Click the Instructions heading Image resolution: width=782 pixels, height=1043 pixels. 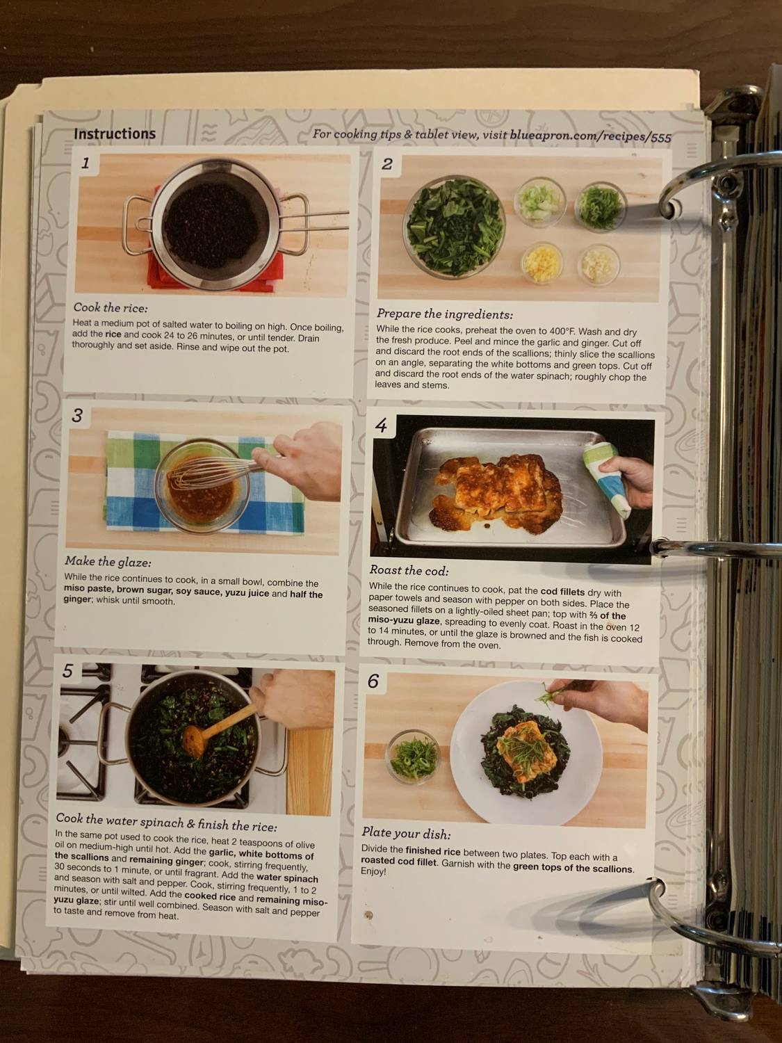pyautogui.click(x=115, y=134)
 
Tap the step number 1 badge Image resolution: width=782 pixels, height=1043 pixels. pyautogui.click(x=85, y=164)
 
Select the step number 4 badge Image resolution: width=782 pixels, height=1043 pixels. pyautogui.click(x=381, y=425)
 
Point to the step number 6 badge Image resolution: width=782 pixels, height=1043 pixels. pyautogui.click(x=373, y=681)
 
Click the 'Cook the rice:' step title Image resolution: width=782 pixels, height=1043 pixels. pyautogui.click(x=111, y=307)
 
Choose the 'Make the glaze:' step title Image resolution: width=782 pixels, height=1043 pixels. pyautogui.click(x=108, y=561)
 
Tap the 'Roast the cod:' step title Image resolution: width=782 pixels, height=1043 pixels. pyautogui.click(x=409, y=570)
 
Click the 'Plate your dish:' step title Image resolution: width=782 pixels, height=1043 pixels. pyautogui.click(x=406, y=832)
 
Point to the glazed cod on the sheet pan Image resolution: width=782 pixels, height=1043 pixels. pyautogui.click(x=497, y=487)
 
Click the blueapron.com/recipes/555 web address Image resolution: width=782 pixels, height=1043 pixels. pyautogui.click(x=590, y=136)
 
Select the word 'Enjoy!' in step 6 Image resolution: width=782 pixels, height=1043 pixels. pyautogui.click(x=373, y=871)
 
